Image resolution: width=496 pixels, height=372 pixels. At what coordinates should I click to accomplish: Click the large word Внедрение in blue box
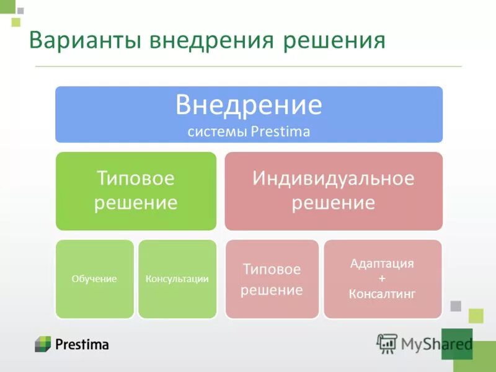coord(249,105)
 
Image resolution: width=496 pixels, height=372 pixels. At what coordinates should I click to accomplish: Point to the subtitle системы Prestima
coord(249,132)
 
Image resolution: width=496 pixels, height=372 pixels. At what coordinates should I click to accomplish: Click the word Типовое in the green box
coord(135,179)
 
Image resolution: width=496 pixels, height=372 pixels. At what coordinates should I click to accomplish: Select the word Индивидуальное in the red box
coord(333,179)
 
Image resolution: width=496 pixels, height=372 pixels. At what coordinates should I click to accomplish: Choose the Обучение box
coord(95,279)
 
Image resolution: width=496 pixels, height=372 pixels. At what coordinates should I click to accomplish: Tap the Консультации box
coord(177,279)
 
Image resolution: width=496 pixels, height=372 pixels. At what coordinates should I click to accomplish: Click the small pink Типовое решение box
coord(272,279)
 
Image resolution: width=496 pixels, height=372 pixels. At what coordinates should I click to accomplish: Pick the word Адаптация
coord(382,263)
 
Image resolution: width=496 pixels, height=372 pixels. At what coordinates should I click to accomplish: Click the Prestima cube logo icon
coord(43,343)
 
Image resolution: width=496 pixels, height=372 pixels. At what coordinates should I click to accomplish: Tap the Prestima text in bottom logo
coord(81,344)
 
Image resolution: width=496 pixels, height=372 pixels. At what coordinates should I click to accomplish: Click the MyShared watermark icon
coord(387,343)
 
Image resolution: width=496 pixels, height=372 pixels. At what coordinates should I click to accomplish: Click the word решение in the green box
coord(135,203)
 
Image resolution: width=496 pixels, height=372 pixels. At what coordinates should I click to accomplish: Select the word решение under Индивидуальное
coord(333,203)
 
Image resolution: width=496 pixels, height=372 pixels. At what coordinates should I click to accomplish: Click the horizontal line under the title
coord(248,66)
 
